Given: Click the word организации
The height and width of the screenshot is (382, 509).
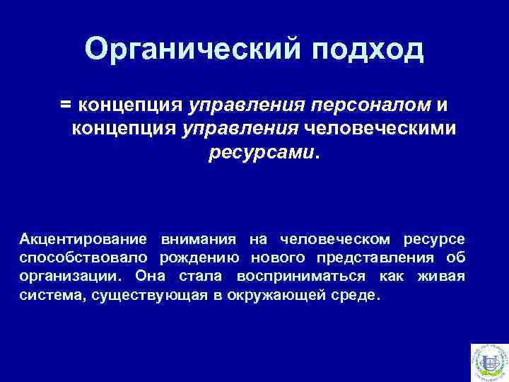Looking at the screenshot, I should point(71,275).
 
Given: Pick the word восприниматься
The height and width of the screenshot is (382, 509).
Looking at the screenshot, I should point(301,275).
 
